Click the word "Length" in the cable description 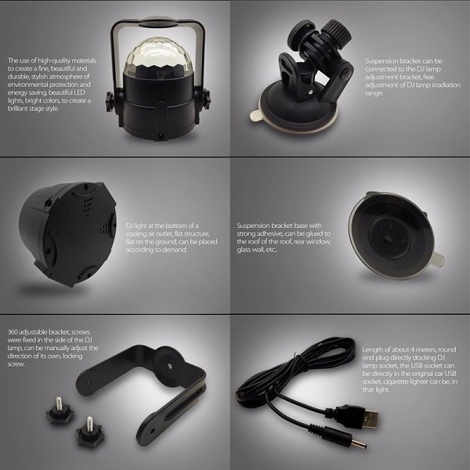[x=374, y=349]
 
